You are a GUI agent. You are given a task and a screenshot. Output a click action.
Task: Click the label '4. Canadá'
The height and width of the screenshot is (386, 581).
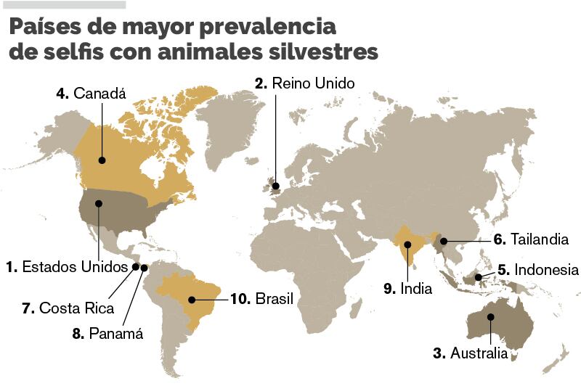pos(91,94)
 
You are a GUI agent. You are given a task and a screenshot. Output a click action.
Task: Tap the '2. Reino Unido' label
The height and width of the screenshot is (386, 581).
pos(305,83)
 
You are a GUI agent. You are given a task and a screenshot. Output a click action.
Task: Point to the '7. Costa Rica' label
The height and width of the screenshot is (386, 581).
pos(68,308)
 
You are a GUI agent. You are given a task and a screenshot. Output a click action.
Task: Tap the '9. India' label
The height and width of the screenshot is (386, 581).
pos(408,289)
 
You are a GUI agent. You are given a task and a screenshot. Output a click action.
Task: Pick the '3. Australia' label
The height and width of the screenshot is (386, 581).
pos(471,354)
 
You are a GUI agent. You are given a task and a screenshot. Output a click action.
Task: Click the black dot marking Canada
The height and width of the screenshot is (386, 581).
pos(102,160)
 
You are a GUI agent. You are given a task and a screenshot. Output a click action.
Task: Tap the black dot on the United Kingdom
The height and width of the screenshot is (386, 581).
pos(275,186)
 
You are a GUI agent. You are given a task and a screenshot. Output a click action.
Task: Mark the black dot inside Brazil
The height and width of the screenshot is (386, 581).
pos(192,299)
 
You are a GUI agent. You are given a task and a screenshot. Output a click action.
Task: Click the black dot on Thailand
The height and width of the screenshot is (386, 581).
pos(443,240)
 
